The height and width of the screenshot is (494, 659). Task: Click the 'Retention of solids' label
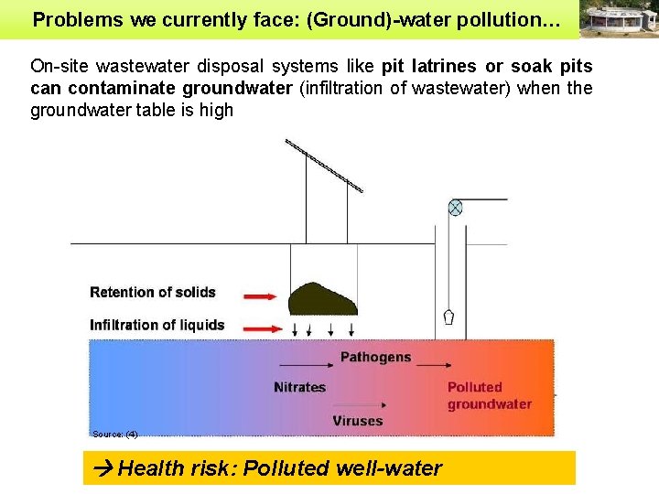click(153, 293)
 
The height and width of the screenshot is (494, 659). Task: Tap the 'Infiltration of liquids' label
click(157, 325)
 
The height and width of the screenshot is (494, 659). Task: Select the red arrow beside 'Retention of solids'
click(259, 295)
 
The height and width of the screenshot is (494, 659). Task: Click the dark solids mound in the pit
click(322, 299)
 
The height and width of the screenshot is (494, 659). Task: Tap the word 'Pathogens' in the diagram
click(375, 357)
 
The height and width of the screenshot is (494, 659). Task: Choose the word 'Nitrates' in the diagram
click(299, 387)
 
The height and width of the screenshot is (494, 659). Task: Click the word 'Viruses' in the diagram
click(358, 421)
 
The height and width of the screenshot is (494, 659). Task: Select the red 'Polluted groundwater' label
click(489, 395)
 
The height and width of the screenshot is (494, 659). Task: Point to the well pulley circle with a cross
click(455, 208)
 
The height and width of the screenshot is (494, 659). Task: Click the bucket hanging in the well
click(448, 317)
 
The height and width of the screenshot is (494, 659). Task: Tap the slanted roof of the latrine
click(324, 165)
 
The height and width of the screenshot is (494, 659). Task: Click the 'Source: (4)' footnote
click(114, 434)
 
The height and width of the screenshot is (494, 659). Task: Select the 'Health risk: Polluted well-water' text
click(279, 468)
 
